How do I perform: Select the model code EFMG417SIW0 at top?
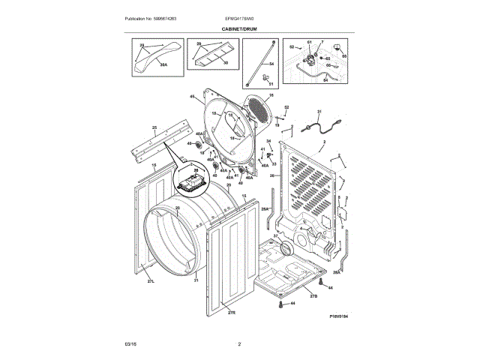pos(239,18)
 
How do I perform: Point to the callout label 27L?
pos(150,281)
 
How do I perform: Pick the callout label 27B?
pos(313,296)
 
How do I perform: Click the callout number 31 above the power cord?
pos(318,112)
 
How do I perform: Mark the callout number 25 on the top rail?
pos(154,128)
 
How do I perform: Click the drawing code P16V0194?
pos(340,316)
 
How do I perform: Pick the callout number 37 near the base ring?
pos(275,236)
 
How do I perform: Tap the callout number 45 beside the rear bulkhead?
pos(192,97)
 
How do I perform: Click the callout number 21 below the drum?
pos(196,280)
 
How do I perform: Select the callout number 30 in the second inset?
pos(226,62)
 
